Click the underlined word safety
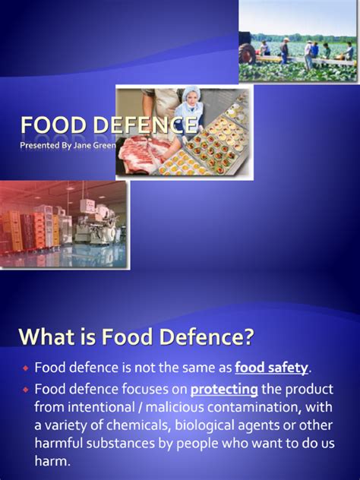pos(271,368)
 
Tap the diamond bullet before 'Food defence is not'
pos(24,368)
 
